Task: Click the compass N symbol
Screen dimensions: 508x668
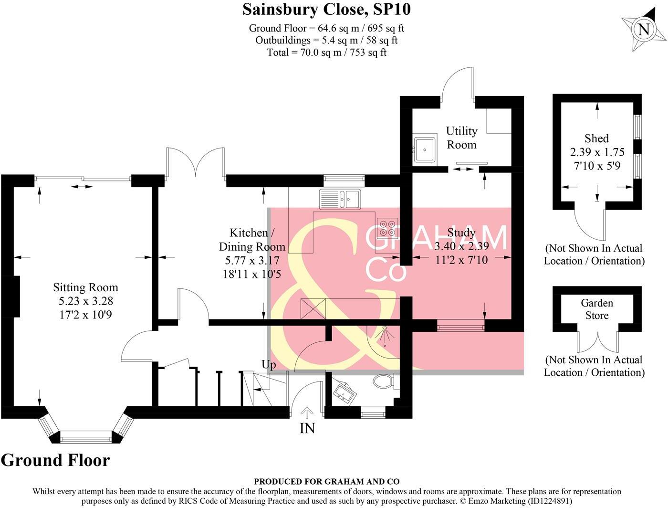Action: (644, 30)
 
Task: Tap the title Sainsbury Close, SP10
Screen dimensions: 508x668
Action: (326, 9)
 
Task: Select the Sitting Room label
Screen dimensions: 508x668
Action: (85, 287)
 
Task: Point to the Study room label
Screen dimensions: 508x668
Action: (461, 233)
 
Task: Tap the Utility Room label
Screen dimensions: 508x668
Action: (461, 138)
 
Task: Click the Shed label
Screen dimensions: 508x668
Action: (596, 138)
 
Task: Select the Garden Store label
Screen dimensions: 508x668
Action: (596, 309)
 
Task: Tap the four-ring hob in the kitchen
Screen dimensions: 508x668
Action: (387, 228)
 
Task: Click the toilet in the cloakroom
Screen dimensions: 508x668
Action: (383, 381)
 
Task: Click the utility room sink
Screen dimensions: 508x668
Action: (424, 149)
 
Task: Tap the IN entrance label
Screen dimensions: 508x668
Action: (307, 428)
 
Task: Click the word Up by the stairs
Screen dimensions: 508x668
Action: (269, 365)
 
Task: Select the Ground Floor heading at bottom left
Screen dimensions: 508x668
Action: (55, 460)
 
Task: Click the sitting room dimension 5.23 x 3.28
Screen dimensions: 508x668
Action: (83, 301)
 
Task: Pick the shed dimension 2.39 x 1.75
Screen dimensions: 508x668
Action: (597, 152)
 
